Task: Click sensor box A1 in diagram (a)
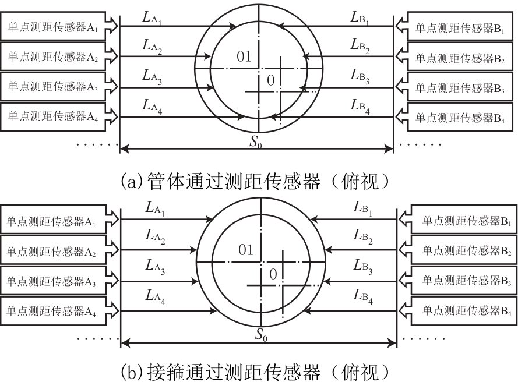(53, 26)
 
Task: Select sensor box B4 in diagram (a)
(460, 117)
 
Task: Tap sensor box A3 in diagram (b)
(53, 281)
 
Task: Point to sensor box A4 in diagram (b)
(53, 311)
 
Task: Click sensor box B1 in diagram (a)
(460, 26)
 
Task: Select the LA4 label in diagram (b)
(155, 297)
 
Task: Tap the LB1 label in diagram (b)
(363, 209)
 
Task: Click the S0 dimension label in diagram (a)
(256, 142)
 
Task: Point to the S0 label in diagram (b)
(261, 335)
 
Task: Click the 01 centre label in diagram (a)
(244, 57)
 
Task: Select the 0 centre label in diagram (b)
(273, 274)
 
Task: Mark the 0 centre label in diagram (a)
(270, 80)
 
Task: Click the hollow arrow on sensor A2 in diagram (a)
(112, 56)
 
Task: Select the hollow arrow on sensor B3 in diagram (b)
(405, 281)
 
